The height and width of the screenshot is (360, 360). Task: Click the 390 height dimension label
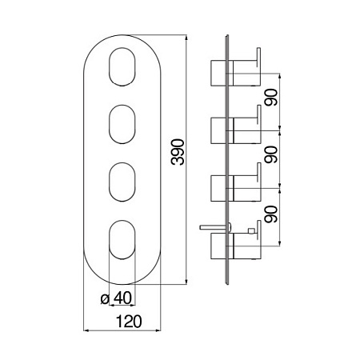tap(178, 152)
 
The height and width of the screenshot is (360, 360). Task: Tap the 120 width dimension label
tap(129, 322)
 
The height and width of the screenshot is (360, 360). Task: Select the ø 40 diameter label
tap(116, 298)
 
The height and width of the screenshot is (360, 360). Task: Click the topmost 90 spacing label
tap(271, 98)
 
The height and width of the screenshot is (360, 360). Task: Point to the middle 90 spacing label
tap(271, 154)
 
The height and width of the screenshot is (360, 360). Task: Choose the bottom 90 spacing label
tap(271, 214)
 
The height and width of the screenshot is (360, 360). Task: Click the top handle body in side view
tap(235, 74)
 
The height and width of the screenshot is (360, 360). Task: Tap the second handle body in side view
tap(235, 130)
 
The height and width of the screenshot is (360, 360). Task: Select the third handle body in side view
tap(235, 188)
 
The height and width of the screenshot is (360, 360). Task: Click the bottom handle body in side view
tap(235, 246)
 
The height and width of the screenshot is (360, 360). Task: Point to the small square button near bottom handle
tap(250, 231)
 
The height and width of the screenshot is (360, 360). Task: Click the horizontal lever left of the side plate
tap(215, 227)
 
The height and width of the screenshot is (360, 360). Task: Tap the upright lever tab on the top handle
tap(258, 57)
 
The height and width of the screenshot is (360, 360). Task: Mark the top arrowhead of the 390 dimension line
tap(186, 38)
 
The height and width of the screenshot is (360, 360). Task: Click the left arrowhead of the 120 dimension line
tap(86, 330)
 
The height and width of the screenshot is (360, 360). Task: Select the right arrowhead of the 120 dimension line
tap(158, 330)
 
